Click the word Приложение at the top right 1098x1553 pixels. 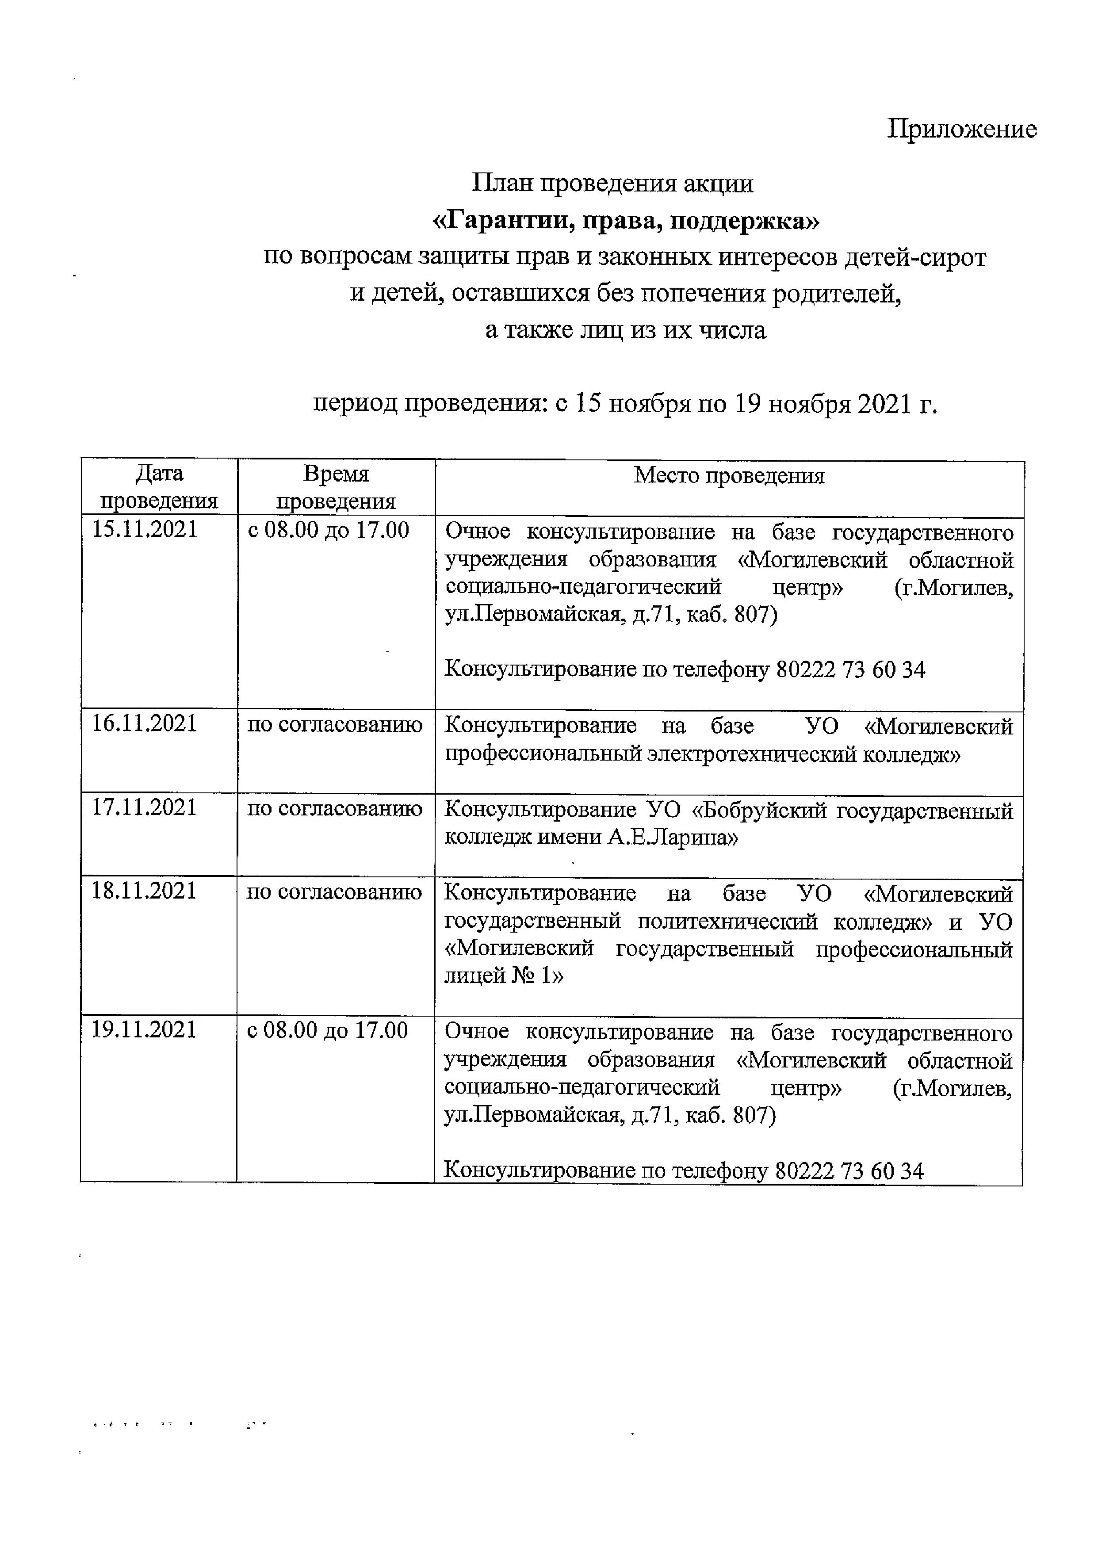[961, 129]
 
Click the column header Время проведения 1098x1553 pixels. [336, 487]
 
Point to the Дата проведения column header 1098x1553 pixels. [159, 487]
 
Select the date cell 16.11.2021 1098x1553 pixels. [144, 724]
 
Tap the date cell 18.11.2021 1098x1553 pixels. [144, 891]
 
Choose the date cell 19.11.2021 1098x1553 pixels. [144, 1030]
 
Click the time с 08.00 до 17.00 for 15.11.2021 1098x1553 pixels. [328, 530]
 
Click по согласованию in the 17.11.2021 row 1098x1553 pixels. [334, 808]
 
